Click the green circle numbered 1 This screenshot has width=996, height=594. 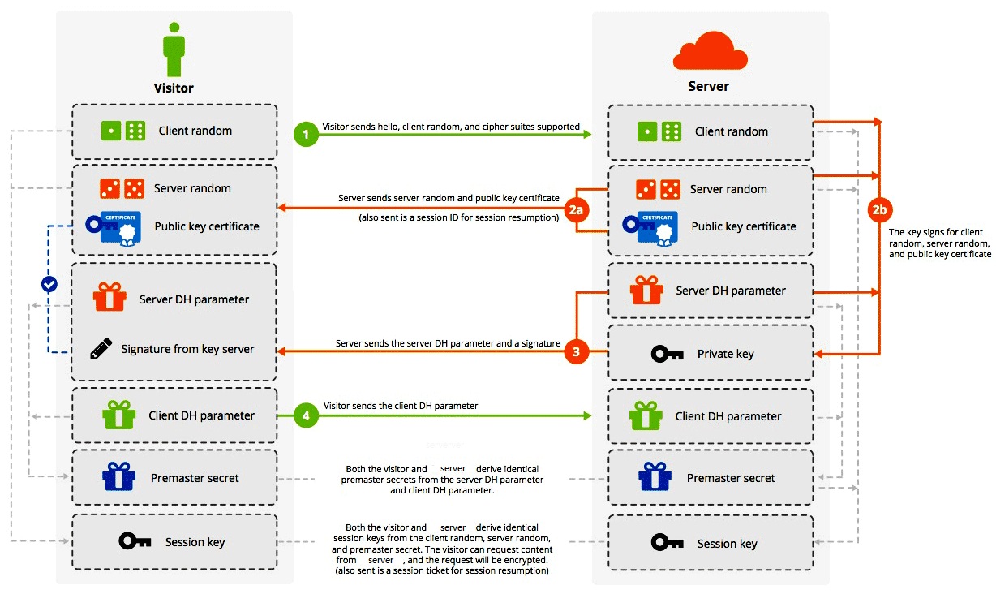coord(306,135)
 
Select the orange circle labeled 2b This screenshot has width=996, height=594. coord(879,209)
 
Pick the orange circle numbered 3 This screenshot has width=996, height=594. coord(576,352)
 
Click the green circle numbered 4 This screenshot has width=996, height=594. coord(307,415)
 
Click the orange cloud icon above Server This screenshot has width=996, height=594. coord(710,51)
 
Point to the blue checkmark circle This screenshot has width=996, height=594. coord(49,284)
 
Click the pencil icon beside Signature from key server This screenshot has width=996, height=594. coord(101,349)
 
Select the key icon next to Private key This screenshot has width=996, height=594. coord(668,354)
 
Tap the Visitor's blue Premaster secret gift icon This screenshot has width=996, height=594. coord(118,477)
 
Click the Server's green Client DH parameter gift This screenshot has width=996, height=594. coord(646,416)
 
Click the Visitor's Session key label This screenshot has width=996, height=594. coord(195,542)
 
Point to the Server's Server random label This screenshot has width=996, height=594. coord(728,189)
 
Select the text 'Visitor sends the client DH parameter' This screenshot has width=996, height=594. coord(401,406)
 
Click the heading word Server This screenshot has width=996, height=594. coord(708,86)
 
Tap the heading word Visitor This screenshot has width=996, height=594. coord(174,88)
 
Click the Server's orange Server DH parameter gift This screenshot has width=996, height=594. coord(646,291)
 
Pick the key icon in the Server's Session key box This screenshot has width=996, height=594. coord(668,542)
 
